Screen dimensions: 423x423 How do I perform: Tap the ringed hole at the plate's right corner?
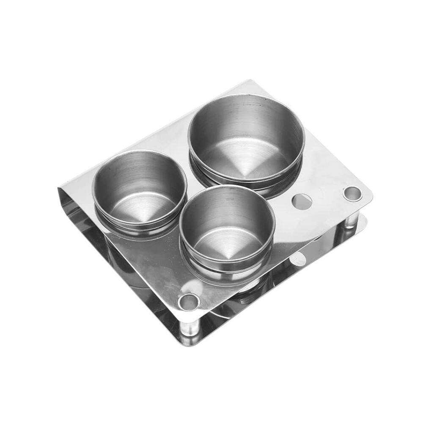pyautogui.click(x=352, y=193)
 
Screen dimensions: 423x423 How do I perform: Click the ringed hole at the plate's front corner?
pyautogui.click(x=189, y=302)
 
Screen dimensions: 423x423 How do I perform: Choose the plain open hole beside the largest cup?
pyautogui.click(x=302, y=201)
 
